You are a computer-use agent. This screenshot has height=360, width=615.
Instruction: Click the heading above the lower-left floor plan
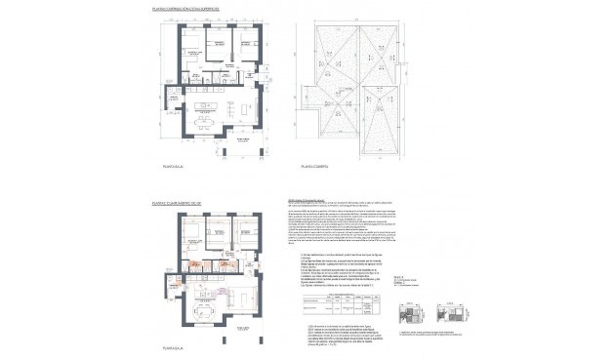click(x=176, y=203)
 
